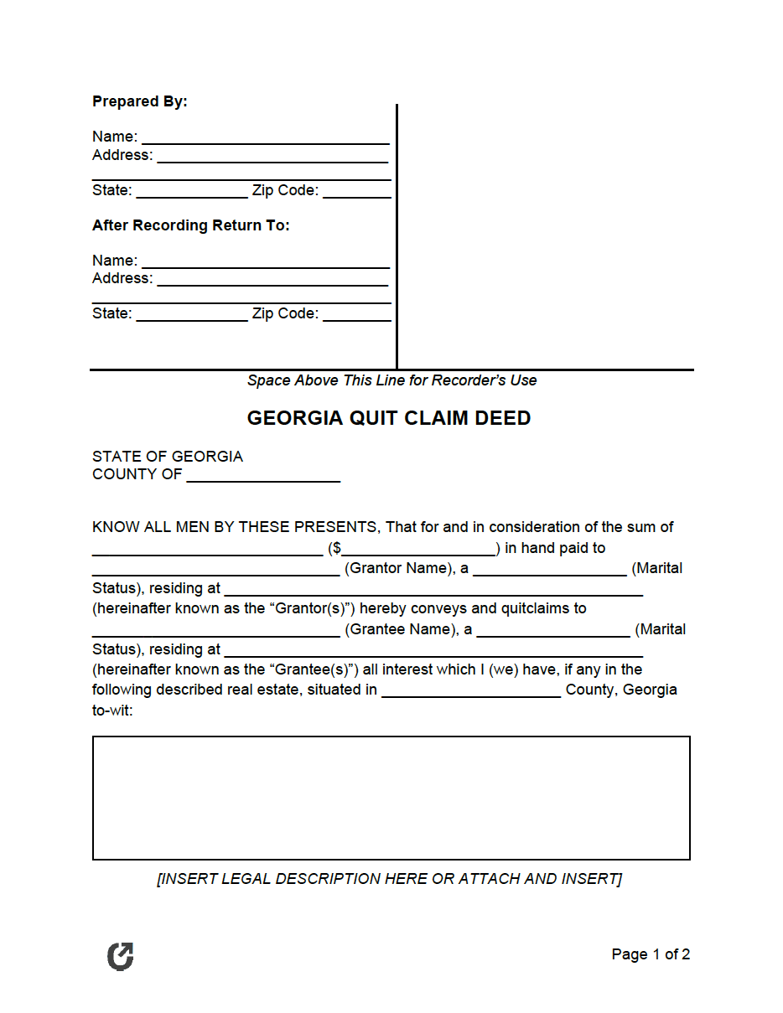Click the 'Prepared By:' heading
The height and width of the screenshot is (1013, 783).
pyautogui.click(x=140, y=101)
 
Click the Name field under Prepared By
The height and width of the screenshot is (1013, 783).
pyautogui.click(x=265, y=137)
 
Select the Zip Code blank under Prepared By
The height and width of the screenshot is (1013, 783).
pyautogui.click(x=356, y=191)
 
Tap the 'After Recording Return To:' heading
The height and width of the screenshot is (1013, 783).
pyautogui.click(x=191, y=225)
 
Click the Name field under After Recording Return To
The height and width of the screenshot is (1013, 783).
pyautogui.click(x=265, y=261)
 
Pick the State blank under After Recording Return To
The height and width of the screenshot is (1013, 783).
pyautogui.click(x=191, y=314)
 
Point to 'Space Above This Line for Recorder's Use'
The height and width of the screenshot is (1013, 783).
pyautogui.click(x=391, y=380)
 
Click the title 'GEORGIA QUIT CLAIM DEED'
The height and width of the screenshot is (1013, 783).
pyautogui.click(x=389, y=418)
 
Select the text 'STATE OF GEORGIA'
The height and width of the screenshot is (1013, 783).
pyautogui.click(x=168, y=457)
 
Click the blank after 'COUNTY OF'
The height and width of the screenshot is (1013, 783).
pyautogui.click(x=263, y=475)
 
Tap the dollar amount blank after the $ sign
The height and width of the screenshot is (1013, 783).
pyautogui.click(x=418, y=549)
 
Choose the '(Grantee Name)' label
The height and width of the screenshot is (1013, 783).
pyautogui.click(x=400, y=629)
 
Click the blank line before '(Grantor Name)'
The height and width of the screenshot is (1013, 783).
pyautogui.click(x=215, y=569)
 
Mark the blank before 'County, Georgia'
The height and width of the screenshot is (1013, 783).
pyautogui.click(x=471, y=690)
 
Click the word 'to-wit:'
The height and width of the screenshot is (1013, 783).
pyautogui.click(x=112, y=711)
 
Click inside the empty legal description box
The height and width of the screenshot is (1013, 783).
pyautogui.click(x=391, y=798)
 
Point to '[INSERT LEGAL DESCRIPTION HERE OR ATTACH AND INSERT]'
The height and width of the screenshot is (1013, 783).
pyautogui.click(x=389, y=879)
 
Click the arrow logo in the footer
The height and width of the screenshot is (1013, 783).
pyautogui.click(x=121, y=956)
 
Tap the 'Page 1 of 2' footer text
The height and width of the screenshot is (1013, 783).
pyautogui.click(x=651, y=954)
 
